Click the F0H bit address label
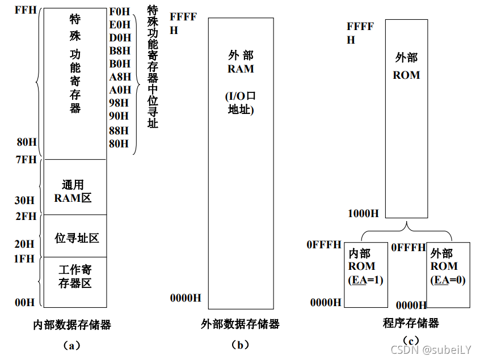coord(120,11)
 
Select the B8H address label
coord(120,50)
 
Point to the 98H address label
coord(120,103)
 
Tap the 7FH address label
coord(26,160)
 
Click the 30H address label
coord(25,201)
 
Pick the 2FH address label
coord(26,217)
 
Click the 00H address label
coord(25,303)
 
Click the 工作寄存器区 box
coord(75,276)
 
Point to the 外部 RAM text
coord(241,62)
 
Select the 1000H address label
coord(363,213)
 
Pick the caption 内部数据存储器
coord(72,325)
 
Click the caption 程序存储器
coord(411,323)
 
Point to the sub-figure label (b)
coord(241,344)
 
